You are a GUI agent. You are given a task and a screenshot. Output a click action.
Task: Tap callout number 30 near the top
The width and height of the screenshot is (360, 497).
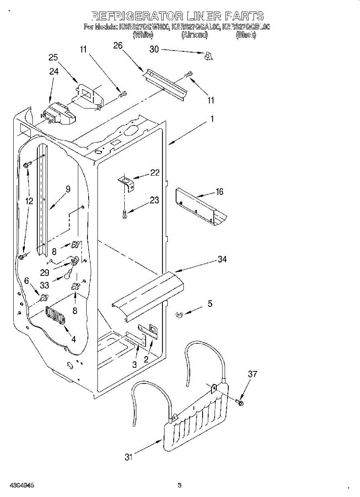[x=154, y=49]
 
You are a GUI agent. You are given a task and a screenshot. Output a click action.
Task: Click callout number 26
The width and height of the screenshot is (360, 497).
[x=118, y=46]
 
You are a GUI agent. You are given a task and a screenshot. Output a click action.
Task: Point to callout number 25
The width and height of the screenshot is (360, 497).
[x=53, y=58]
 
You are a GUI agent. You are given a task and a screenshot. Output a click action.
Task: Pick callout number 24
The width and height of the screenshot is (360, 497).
[x=54, y=71]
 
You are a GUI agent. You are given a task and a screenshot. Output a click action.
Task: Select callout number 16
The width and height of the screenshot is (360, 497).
[x=220, y=191]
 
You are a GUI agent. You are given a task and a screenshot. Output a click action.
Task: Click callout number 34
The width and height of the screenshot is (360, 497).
[x=222, y=259]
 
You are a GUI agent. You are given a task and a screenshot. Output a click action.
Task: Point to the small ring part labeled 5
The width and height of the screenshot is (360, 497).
[x=179, y=315]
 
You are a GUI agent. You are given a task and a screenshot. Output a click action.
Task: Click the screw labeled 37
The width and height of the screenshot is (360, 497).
[x=240, y=402]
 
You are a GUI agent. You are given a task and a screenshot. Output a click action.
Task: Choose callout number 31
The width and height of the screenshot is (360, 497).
[x=129, y=457]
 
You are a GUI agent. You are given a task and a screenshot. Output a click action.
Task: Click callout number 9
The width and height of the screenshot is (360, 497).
[x=68, y=189]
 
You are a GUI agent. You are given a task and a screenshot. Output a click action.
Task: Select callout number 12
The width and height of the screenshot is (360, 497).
[x=29, y=201]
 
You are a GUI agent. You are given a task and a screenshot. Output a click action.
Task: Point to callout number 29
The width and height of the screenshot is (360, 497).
[x=44, y=273]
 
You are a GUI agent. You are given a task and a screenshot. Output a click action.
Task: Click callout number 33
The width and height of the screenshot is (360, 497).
[x=44, y=285]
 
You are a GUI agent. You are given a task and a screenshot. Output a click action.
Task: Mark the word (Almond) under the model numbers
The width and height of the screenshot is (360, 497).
[x=194, y=35]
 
